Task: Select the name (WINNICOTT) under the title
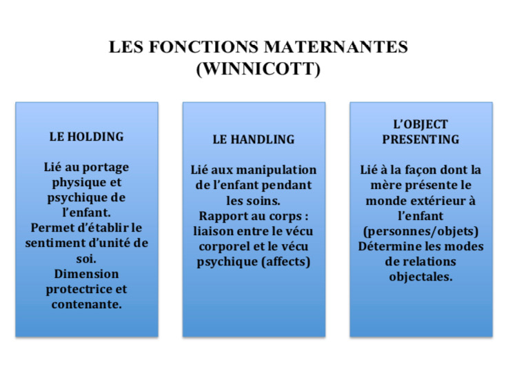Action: pyautogui.click(x=258, y=70)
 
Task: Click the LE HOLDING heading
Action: pyautogui.click(x=86, y=137)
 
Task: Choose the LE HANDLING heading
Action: pyautogui.click(x=254, y=139)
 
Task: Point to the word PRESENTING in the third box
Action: pyautogui.click(x=421, y=139)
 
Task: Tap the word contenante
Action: pyautogui.click(x=86, y=304)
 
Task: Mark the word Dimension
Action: pyautogui.click(x=86, y=274)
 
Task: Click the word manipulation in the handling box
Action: pyautogui.click(x=280, y=170)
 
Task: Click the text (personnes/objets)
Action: pyautogui.click(x=421, y=231)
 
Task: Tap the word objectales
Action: pyautogui.click(x=421, y=277)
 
